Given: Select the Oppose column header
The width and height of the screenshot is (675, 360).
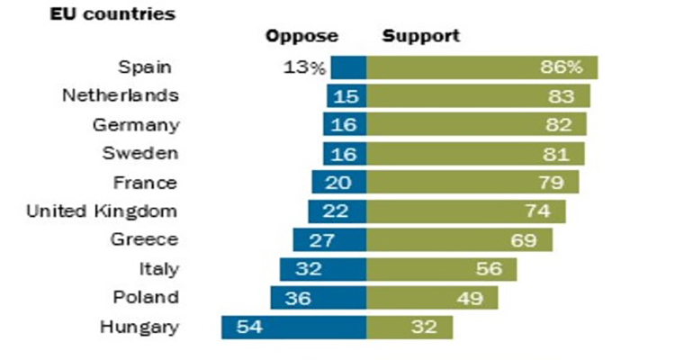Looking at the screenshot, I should click(x=301, y=37).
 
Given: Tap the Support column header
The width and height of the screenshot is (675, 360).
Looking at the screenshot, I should click(x=421, y=37).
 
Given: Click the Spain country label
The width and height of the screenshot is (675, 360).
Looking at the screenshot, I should click(x=148, y=67).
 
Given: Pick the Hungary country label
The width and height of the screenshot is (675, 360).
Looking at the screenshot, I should click(x=139, y=327).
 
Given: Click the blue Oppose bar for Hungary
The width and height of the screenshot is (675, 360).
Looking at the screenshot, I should click(x=294, y=327).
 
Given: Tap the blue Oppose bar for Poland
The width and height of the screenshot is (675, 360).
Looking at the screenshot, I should click(x=319, y=298).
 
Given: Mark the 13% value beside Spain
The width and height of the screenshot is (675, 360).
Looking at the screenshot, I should click(x=302, y=67).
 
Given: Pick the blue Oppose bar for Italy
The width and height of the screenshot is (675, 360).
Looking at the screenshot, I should click(x=323, y=269).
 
